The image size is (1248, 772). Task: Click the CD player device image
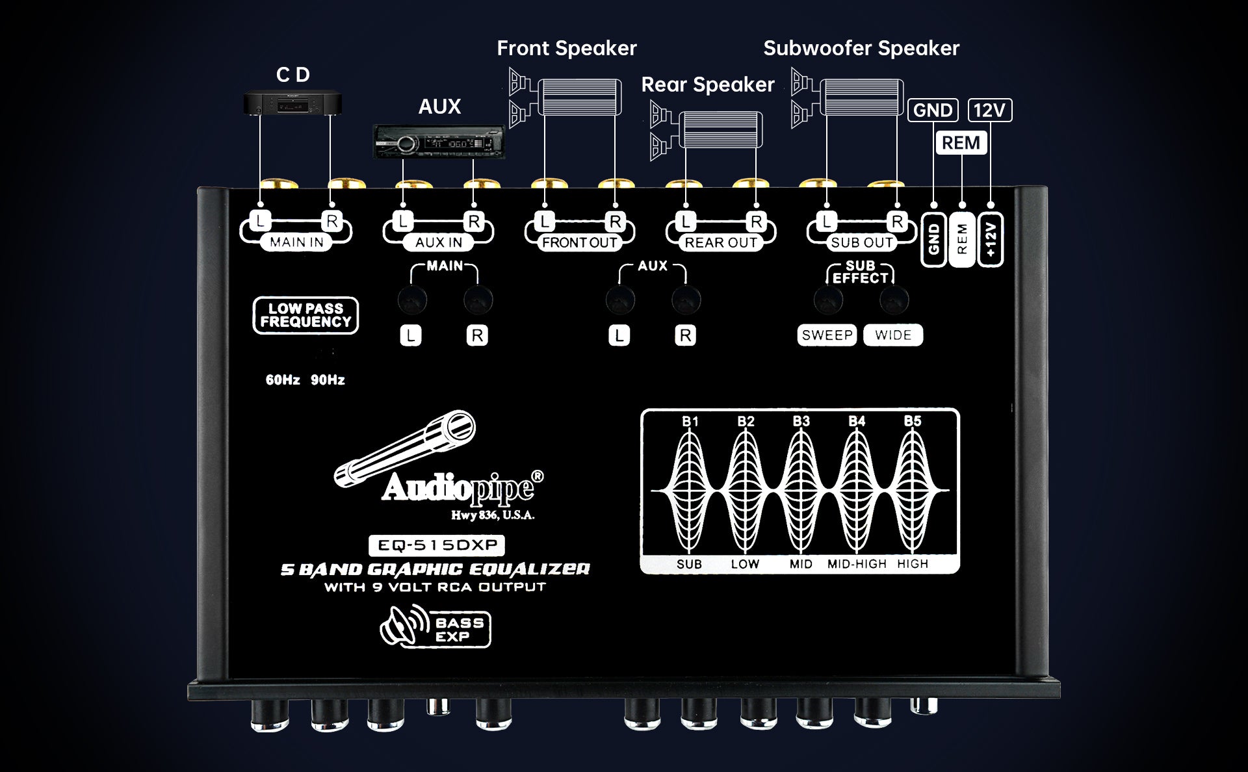tap(292, 104)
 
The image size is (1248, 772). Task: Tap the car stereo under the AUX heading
tap(439, 142)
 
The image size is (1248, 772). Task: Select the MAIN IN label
tap(296, 242)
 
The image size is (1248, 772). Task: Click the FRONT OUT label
tap(580, 243)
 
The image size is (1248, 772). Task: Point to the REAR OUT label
tap(721, 243)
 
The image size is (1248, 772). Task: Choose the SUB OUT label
tap(862, 243)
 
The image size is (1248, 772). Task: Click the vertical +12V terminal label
tap(991, 239)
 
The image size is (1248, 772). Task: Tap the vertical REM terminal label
tap(962, 239)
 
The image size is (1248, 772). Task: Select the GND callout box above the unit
tap(933, 110)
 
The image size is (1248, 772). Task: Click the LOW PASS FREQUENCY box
tap(305, 316)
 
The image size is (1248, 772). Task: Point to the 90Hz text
tap(328, 380)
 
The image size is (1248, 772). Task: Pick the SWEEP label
tap(827, 335)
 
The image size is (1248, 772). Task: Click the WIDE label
tap(893, 335)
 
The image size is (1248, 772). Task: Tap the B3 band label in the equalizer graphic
tap(801, 421)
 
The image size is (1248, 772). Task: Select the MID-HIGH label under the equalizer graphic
tap(857, 564)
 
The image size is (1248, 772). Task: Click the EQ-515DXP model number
tap(437, 545)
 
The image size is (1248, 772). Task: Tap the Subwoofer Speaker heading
tap(861, 48)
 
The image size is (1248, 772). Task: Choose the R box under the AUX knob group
tap(685, 336)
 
